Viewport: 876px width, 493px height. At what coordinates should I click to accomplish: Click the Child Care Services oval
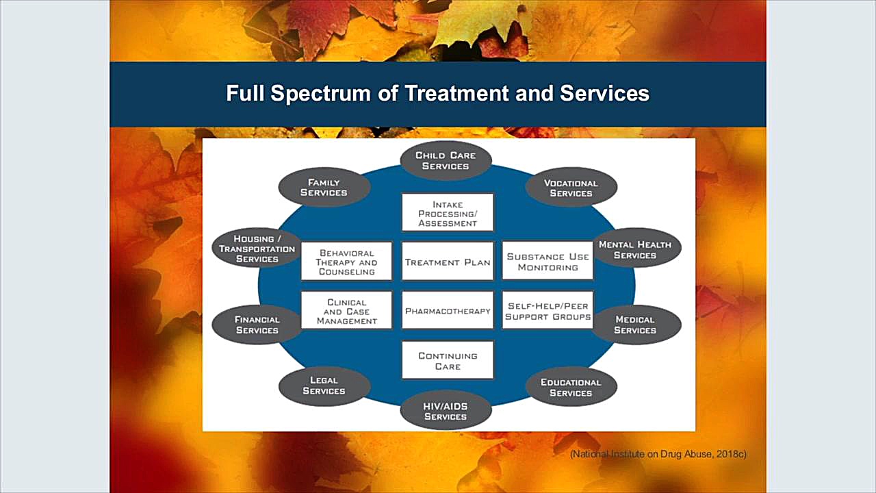(446, 161)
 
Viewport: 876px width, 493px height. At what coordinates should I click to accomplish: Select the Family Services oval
(324, 188)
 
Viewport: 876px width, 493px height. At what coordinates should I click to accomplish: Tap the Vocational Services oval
(571, 188)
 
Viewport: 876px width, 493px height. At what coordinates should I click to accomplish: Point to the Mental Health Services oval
(635, 250)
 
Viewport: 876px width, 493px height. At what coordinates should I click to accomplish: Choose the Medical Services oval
(635, 325)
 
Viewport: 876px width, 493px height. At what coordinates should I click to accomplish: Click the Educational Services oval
(571, 388)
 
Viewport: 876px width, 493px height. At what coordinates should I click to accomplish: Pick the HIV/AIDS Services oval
(446, 412)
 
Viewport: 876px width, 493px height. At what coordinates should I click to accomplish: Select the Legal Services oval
(324, 385)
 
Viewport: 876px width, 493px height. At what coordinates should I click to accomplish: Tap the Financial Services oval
(257, 325)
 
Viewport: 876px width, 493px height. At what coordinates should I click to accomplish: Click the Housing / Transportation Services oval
(257, 249)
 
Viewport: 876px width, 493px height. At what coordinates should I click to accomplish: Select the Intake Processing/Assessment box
(448, 213)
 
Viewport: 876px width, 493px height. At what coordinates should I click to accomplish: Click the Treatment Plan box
(448, 262)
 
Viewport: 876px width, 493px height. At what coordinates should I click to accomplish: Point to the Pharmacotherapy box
(448, 311)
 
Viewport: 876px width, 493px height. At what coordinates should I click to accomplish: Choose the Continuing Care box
(448, 361)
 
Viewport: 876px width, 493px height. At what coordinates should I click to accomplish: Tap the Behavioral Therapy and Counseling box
(347, 262)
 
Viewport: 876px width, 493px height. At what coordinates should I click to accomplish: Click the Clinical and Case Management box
(347, 311)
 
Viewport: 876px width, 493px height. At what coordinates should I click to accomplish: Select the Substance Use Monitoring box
(547, 262)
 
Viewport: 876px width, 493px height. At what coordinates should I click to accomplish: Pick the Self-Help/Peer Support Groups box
(547, 311)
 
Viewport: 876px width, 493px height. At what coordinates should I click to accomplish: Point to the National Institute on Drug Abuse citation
(658, 454)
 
